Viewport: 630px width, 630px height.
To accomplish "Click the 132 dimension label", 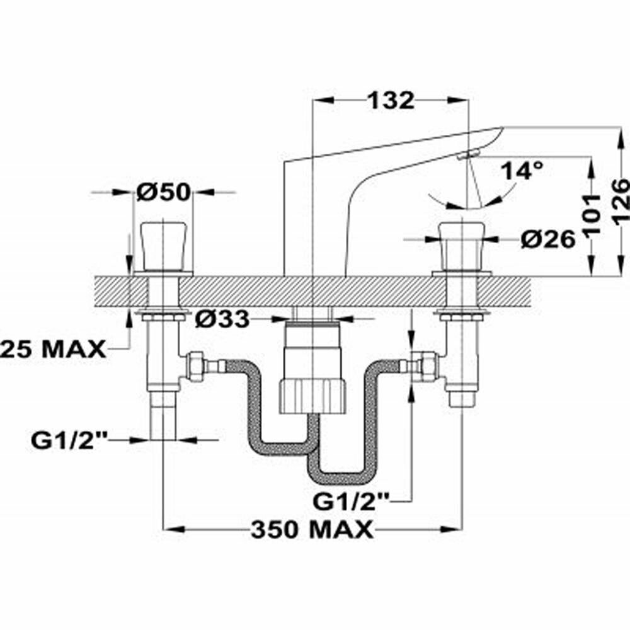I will pyautogui.click(x=391, y=100).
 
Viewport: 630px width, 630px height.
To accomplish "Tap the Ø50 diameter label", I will pyautogui.click(x=163, y=192).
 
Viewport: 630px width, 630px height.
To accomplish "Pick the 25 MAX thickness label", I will pyautogui.click(x=53, y=348).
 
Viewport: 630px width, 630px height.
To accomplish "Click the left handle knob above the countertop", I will pyautogui.click(x=163, y=245).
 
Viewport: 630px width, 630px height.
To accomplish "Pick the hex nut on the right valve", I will pyautogui.click(x=428, y=367).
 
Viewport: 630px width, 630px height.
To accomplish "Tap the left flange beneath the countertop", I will pyautogui.click(x=163, y=314).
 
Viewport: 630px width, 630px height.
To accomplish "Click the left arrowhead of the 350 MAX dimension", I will pyautogui.click(x=170, y=529).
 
